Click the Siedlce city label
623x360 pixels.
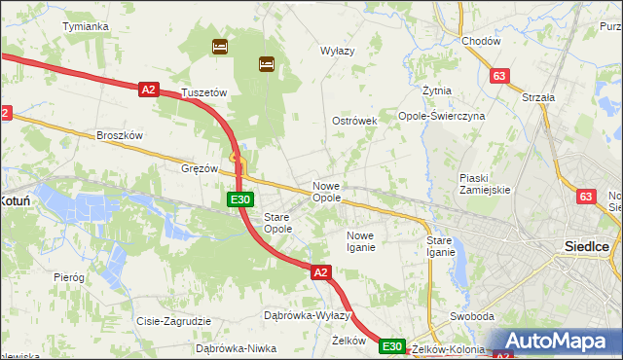point(587,246)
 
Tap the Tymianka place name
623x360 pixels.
point(85,26)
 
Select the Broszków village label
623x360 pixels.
point(120,135)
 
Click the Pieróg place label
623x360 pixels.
point(69,277)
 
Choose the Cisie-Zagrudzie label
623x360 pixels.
point(174,320)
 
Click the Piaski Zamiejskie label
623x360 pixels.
point(485,184)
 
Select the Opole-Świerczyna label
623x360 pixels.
point(442,115)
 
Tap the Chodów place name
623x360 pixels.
point(481,41)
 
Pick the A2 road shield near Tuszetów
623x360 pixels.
point(148,90)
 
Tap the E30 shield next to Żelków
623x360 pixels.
point(391,346)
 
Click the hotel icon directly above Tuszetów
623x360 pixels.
point(220,46)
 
